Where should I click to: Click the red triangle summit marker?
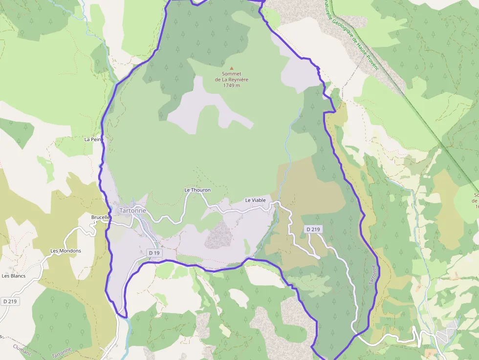coord(232,68)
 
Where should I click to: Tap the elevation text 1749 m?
coord(232,85)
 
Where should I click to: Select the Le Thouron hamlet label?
coord(197,190)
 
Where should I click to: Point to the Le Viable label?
coord(255,200)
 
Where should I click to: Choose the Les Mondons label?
coord(66,251)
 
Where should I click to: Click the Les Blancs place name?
coord(14,275)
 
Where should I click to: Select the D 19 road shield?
coord(154,253)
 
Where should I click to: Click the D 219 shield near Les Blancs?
coord(10,301)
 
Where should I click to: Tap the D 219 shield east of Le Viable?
coord(313,229)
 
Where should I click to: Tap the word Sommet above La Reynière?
coord(232,74)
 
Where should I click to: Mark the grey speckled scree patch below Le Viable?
coord(218,235)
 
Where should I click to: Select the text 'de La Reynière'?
coord(232,80)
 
